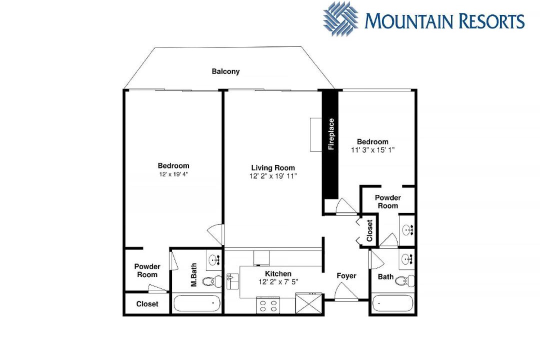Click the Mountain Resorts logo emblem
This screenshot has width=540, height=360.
pos(340,18)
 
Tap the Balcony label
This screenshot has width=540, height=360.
pos(225,71)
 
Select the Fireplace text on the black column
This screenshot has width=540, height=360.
pos(331,134)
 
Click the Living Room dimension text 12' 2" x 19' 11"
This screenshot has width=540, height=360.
pos(273,176)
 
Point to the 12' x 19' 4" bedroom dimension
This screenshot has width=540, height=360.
pos(173,174)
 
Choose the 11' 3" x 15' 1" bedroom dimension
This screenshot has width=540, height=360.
pos(372,150)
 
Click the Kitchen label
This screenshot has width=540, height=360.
pos(278,274)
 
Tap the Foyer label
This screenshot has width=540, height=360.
pos(346,276)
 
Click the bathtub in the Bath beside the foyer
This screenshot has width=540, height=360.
pos(393,303)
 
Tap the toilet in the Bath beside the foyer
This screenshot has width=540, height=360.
pos(405,281)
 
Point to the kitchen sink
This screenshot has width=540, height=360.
pos(233,281)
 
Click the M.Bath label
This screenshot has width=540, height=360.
pos(194,275)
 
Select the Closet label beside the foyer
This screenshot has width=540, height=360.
pos(369,231)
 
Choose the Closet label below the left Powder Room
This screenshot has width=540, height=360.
pos(147,304)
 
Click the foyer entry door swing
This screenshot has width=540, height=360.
pos(346,291)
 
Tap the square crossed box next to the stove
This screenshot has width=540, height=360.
pos(309,303)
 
